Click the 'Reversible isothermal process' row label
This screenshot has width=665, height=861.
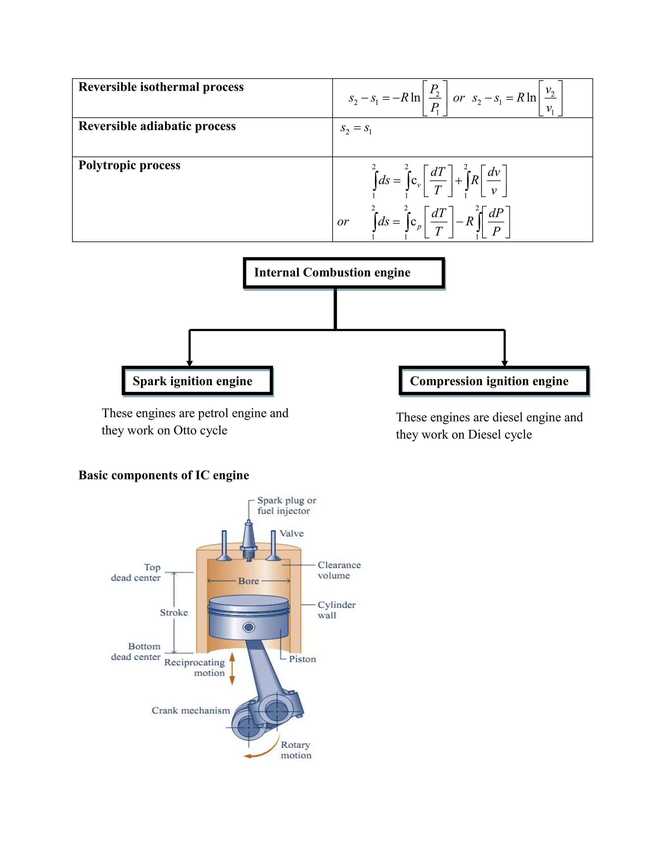click(161, 87)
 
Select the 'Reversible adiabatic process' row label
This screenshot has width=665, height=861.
click(157, 126)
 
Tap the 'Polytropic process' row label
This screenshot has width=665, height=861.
click(129, 165)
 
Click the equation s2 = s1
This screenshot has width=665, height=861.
click(356, 129)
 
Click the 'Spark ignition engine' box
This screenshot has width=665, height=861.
click(197, 381)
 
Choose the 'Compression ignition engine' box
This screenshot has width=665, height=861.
click(494, 381)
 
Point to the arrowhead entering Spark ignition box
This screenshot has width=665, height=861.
click(190, 363)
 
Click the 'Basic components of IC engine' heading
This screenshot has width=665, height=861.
click(164, 475)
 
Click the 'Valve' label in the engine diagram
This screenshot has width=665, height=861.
click(292, 533)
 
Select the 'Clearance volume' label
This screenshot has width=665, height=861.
click(339, 570)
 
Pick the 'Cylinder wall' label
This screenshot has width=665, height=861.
click(336, 610)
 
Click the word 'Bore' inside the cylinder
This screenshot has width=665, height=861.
click(249, 581)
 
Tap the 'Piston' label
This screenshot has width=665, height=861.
click(302, 659)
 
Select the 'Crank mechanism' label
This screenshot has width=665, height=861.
click(191, 710)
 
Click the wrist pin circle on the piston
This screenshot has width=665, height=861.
click(249, 627)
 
